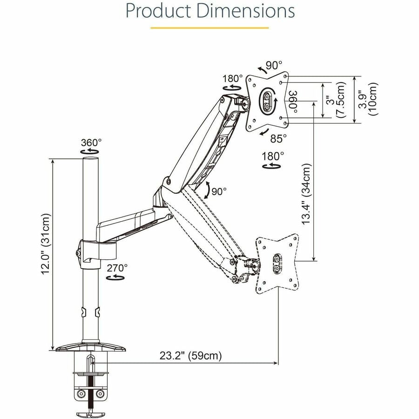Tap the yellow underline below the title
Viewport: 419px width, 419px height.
[x=209, y=27]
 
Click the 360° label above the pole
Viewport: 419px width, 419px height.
[x=91, y=142]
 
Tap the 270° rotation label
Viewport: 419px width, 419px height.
[x=116, y=268]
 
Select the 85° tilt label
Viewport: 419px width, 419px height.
[x=278, y=138]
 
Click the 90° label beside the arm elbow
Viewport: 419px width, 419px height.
[x=218, y=191]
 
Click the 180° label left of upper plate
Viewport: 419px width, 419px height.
[x=233, y=78]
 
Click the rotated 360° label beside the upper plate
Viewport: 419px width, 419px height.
[x=292, y=100]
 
